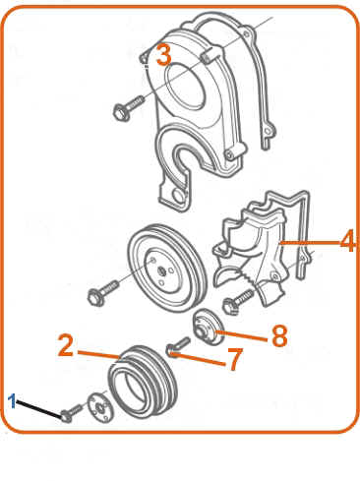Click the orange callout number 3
[164, 55]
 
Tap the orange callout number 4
[348, 241]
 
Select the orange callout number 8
[279, 336]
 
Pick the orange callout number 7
[235, 359]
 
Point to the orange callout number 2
[66, 345]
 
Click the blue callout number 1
[12, 401]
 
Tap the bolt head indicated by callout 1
[66, 416]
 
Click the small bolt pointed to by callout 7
[177, 348]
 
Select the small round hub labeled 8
[208, 327]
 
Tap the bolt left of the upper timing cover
[128, 108]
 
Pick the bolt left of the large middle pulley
[103, 293]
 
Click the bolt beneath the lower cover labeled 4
[238, 301]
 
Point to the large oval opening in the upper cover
[186, 86]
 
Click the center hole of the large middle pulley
[161, 271]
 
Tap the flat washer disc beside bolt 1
[100, 408]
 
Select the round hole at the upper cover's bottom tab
[179, 197]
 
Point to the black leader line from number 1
[39, 408]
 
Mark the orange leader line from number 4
[309, 243]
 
